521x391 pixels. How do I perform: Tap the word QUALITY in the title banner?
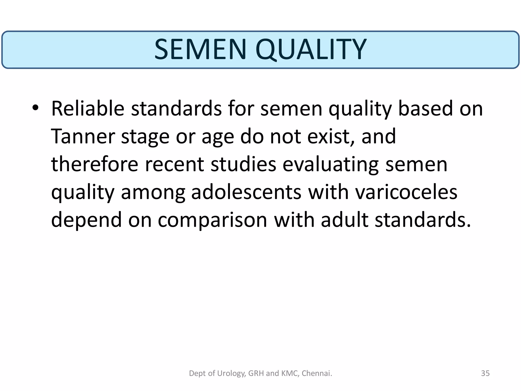coord(311,49)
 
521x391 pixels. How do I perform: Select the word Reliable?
coord(88,109)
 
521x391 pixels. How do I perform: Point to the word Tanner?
coord(83,136)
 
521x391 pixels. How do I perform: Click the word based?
coord(425,109)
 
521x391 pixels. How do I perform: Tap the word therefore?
coord(95,164)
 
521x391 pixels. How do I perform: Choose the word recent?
coord(175,164)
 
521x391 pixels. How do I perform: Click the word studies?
coord(243,164)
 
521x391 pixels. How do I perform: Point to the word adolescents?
coord(246,192)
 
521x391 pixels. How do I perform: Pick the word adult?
coord(344,220)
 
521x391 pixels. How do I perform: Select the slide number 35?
coord(485,373)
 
